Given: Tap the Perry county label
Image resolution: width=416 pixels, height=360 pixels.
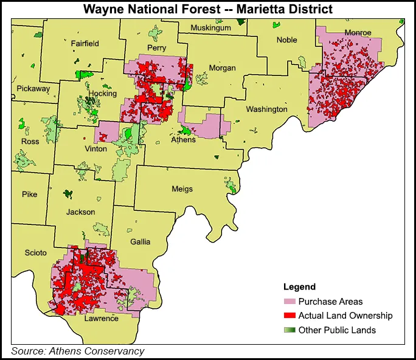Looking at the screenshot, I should point(156,47).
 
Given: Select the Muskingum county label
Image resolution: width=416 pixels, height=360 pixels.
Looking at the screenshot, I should point(210,28).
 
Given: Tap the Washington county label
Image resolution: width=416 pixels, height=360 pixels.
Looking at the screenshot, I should point(266,109).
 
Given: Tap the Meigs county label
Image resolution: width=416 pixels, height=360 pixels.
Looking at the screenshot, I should point(182,189).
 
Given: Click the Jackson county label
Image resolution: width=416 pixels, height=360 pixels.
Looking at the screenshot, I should point(81,212).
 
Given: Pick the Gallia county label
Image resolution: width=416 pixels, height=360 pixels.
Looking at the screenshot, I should point(140,241).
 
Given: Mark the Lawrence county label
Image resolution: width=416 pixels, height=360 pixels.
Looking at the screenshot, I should point(102,319).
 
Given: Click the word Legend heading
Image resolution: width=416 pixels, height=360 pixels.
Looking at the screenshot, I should point(299,287).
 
